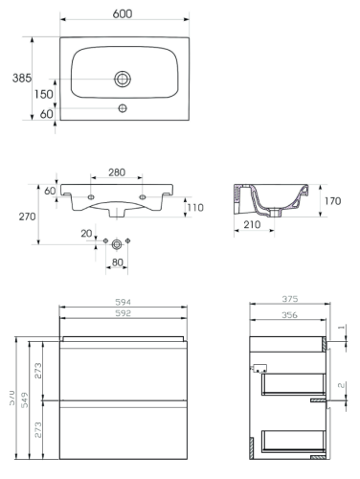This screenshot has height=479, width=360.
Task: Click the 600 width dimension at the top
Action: point(122,15)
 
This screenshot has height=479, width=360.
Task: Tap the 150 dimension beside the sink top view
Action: point(44,95)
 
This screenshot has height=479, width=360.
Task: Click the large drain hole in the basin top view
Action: point(122,79)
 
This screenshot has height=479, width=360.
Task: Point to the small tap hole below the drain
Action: point(122,107)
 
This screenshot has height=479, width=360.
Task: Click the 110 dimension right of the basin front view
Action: point(196,208)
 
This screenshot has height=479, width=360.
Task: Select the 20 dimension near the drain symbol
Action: point(86,233)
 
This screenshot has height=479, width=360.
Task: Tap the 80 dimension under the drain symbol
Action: point(119,262)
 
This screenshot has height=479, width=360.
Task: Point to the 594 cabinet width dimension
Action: point(122,302)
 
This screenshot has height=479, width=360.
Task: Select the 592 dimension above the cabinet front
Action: point(122,313)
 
